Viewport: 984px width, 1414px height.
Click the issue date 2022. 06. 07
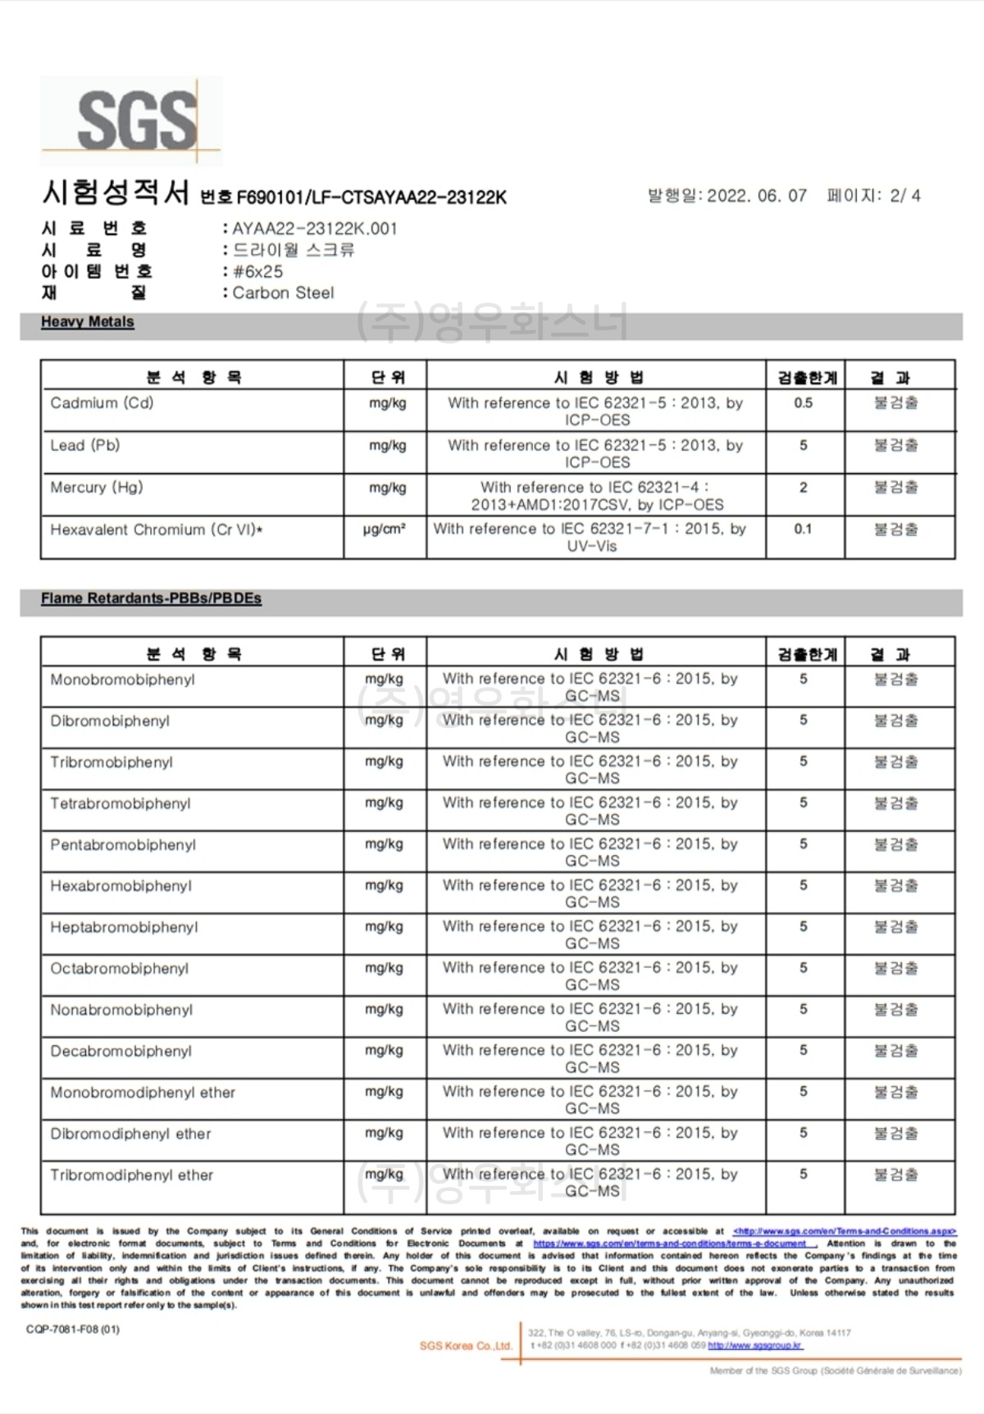(756, 196)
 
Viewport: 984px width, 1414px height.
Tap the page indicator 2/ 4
(904, 196)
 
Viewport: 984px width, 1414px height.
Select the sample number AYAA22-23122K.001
(315, 229)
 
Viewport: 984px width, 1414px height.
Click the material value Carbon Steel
(283, 293)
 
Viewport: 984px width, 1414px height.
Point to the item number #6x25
(258, 271)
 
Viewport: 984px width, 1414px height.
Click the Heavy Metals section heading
(88, 322)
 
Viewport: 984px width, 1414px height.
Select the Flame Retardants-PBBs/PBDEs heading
(151, 598)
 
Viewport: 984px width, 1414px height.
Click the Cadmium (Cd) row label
(102, 402)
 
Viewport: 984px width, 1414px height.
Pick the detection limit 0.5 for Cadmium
(803, 402)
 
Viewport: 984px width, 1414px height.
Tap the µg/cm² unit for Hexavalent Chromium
(385, 530)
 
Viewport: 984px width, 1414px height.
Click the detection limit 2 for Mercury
(803, 487)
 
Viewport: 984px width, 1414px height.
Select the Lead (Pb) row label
(84, 445)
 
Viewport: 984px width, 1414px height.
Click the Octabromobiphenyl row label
(119, 968)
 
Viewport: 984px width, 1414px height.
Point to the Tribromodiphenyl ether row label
(131, 1175)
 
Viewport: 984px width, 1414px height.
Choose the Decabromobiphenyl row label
(121, 1051)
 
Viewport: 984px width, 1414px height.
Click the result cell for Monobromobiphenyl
(895, 679)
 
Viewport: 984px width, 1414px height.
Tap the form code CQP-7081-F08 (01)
(72, 1329)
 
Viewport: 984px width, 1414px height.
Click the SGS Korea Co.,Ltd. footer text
(466, 1346)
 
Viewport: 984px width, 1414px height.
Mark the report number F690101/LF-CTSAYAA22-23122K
(371, 198)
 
